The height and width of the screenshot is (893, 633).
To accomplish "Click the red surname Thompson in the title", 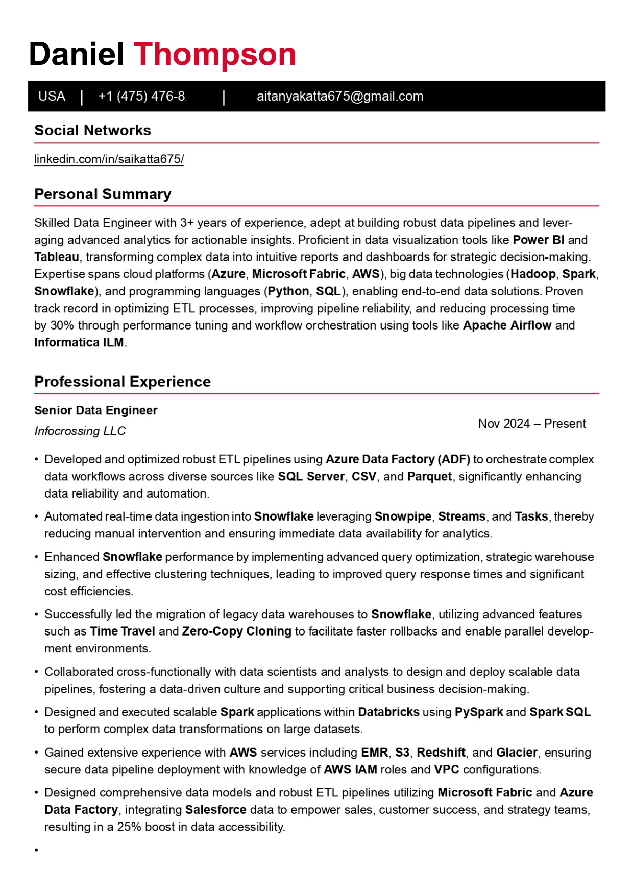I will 214,54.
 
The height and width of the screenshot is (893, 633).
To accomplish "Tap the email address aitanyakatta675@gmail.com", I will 339,97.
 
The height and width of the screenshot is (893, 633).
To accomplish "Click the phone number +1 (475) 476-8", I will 141,97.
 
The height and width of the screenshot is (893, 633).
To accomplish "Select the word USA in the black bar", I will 52,97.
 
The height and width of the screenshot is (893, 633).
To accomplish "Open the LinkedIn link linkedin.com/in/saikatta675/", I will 109,159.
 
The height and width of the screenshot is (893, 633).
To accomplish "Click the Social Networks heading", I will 92,131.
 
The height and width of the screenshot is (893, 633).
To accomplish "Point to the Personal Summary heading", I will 103,194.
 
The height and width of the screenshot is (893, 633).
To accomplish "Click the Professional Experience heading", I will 123,382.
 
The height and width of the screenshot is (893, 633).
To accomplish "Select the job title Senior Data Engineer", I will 95,410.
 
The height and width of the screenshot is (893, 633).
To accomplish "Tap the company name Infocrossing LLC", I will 80,431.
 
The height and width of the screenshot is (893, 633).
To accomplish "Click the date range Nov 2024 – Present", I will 531,424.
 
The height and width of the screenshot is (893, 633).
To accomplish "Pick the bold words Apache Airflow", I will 507,325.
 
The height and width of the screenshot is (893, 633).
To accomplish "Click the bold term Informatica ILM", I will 79,343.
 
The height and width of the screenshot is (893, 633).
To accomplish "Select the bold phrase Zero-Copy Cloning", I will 236,631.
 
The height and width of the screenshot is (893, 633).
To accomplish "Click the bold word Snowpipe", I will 403,516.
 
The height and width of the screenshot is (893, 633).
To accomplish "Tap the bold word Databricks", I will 388,712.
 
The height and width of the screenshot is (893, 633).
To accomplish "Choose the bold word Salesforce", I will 215,810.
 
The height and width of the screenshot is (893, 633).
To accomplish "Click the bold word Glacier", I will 517,753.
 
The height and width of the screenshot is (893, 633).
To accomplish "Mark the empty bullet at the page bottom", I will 37,850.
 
